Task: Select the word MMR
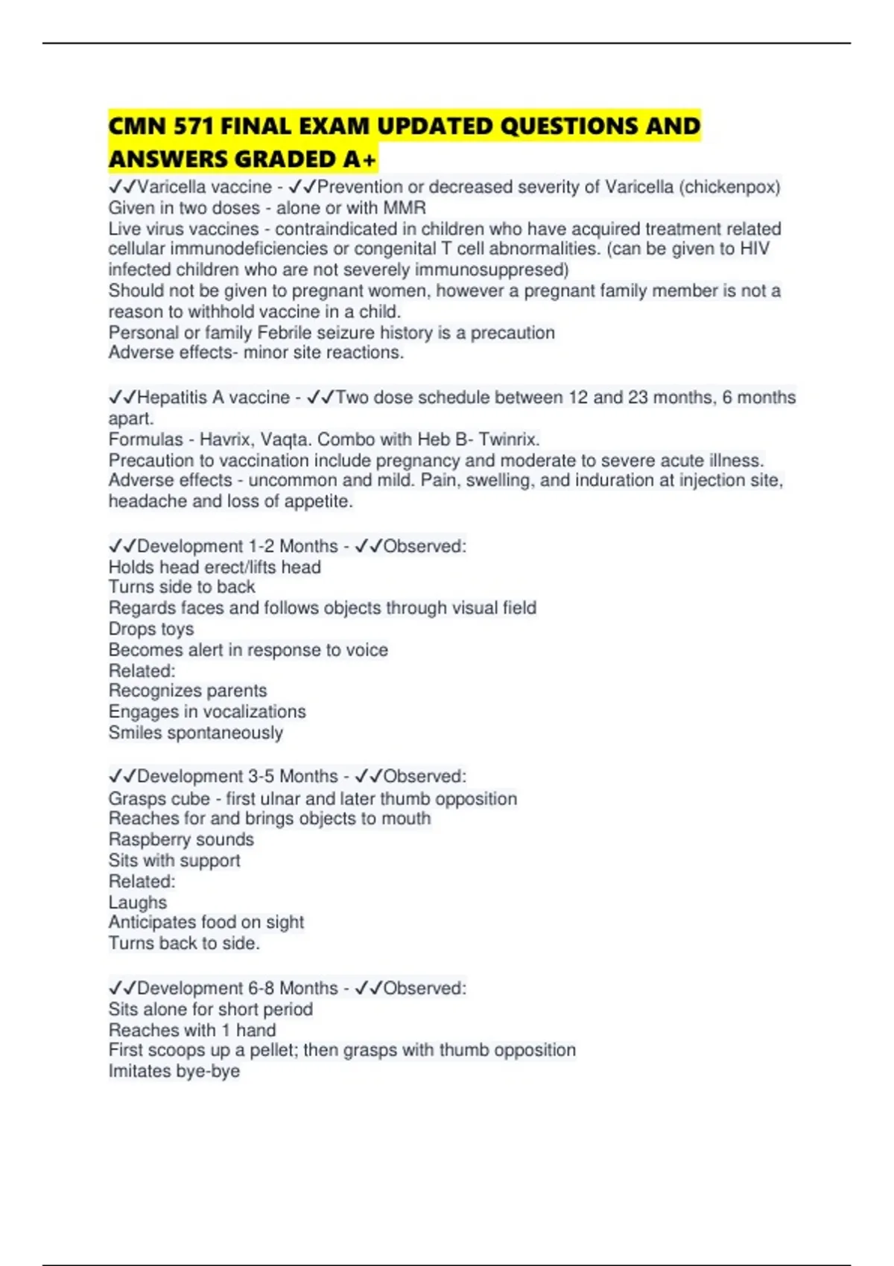click(x=405, y=208)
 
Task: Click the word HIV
click(x=754, y=249)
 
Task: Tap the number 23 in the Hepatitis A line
click(x=638, y=398)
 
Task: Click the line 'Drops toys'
click(x=151, y=629)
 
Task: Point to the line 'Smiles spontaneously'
click(x=195, y=733)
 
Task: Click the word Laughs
click(x=138, y=903)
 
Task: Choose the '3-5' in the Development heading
click(x=261, y=777)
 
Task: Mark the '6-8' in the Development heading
click(x=261, y=988)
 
